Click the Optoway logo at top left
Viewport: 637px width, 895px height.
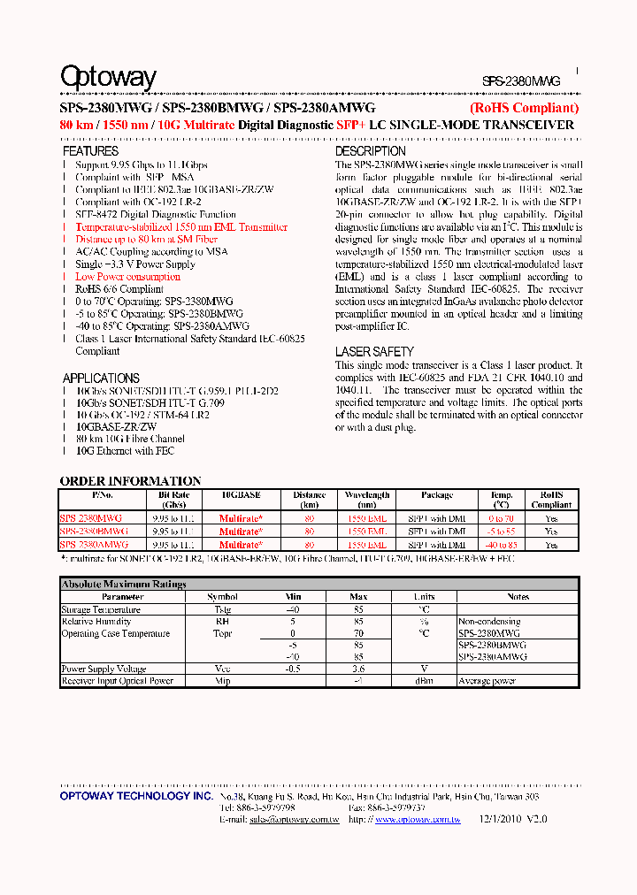tap(108, 78)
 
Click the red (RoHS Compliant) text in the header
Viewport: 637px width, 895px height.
tap(524, 108)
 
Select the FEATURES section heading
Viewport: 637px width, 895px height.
tap(90, 152)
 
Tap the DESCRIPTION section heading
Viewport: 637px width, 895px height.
tap(370, 152)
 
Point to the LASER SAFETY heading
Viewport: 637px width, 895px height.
tap(374, 352)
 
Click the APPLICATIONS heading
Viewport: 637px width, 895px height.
tap(101, 378)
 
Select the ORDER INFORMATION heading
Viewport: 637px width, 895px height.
tap(130, 481)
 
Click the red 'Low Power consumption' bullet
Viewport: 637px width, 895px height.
tap(127, 277)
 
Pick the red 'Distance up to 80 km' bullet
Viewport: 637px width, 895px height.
tap(146, 240)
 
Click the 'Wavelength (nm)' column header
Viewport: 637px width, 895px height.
tap(367, 500)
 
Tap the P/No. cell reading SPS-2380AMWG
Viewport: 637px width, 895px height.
tap(94, 545)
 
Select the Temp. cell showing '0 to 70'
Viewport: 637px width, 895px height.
tap(501, 518)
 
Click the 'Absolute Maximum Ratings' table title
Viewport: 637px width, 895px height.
tap(124, 585)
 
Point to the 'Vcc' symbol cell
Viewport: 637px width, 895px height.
tap(222, 669)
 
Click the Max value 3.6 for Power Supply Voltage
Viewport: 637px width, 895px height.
tap(358, 669)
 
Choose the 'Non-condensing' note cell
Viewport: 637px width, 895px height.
tap(488, 622)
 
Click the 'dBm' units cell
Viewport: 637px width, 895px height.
tap(424, 681)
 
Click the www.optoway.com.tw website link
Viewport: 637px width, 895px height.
tap(417, 820)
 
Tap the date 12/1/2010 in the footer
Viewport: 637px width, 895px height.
tap(501, 820)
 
